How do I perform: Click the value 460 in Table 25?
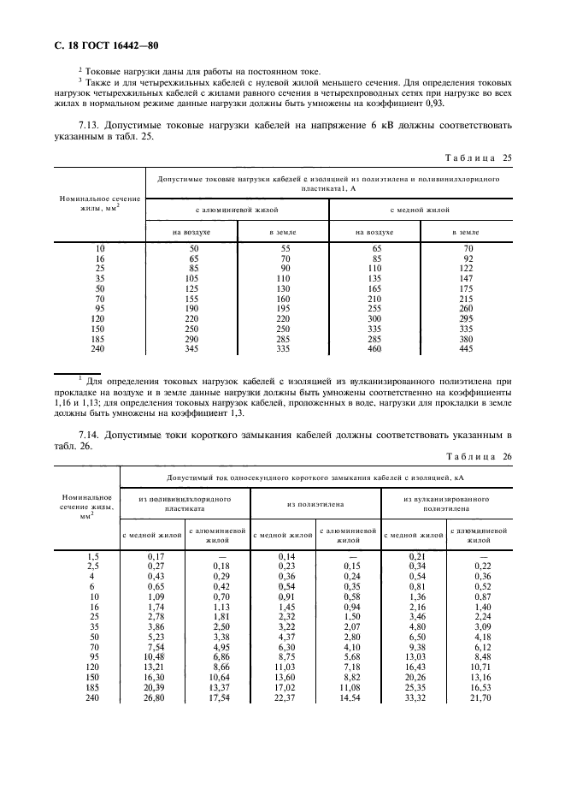pyautogui.click(x=373, y=349)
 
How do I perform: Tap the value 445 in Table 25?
pyautogui.click(x=466, y=349)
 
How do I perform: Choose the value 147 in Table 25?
pyautogui.click(x=466, y=278)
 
